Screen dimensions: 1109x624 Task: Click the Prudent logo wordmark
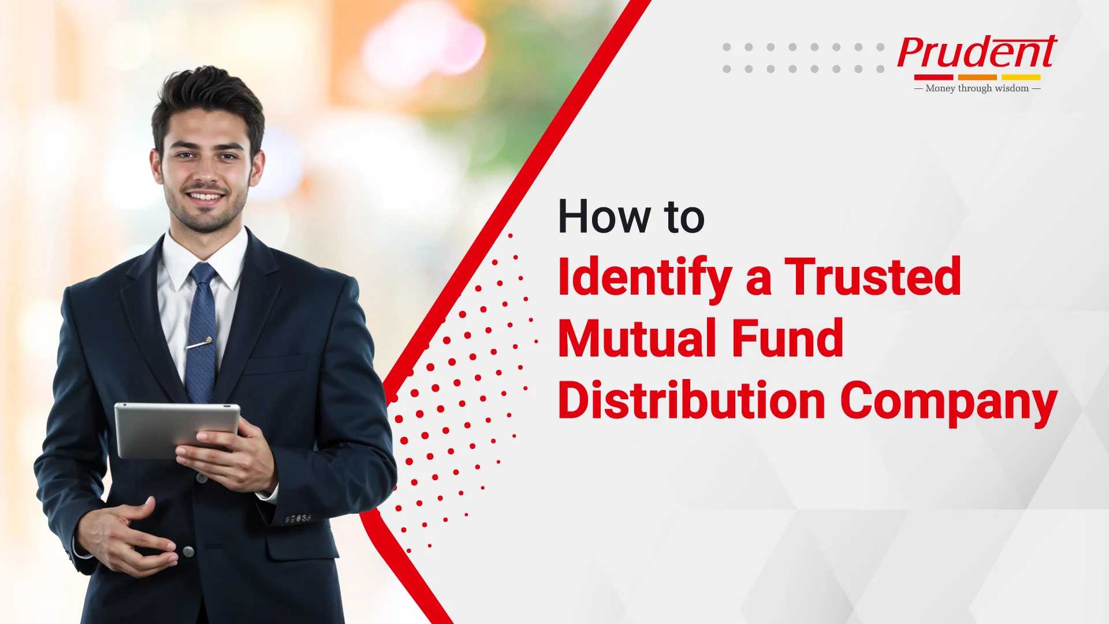point(977,53)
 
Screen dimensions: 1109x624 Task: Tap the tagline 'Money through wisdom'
point(977,88)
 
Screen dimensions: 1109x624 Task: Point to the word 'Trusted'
point(873,277)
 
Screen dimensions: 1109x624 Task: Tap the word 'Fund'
point(788,339)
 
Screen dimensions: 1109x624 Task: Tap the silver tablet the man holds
point(176,430)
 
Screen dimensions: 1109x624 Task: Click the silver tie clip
point(199,343)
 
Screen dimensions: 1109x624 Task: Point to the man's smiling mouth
point(205,196)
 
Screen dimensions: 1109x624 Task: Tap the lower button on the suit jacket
point(188,551)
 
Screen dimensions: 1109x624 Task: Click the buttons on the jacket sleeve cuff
point(298,519)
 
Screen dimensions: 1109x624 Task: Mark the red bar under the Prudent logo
point(933,77)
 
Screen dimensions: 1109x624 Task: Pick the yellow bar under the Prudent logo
point(1021,77)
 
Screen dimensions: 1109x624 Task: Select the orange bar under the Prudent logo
point(977,77)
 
